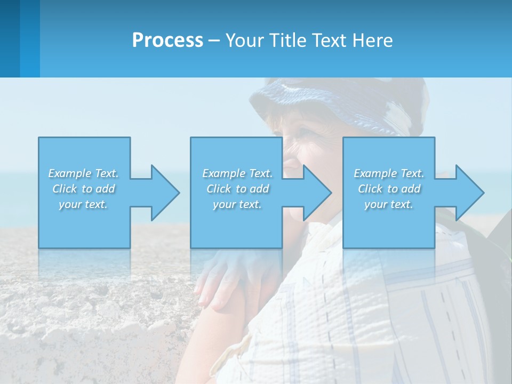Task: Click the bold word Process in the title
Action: pos(167,40)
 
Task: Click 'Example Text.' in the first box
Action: pos(83,173)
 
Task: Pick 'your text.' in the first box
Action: pos(83,204)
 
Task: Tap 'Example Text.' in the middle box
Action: pos(237,173)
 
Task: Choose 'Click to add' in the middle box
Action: pos(237,189)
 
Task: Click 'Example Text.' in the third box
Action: pos(389,173)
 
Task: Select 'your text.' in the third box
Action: pos(389,204)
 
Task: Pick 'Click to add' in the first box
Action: pos(83,189)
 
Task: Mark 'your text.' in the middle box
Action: pos(237,204)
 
